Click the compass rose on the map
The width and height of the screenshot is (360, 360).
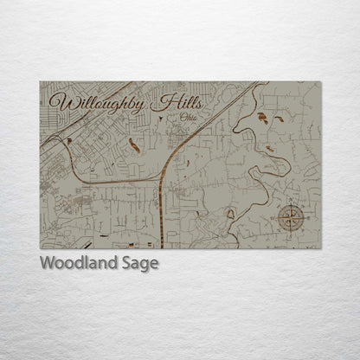(291, 218)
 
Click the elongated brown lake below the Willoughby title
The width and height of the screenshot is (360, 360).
(134, 144)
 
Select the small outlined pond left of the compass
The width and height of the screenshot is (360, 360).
(231, 213)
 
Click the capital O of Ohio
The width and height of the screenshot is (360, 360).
(183, 119)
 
